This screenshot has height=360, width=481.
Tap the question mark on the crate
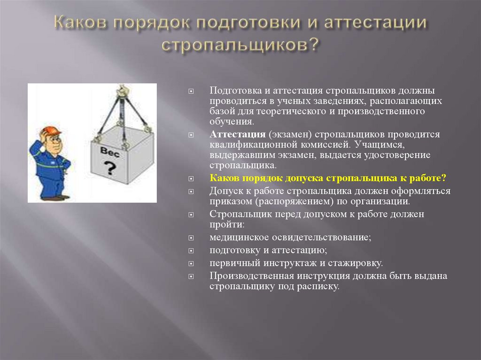[x=111, y=166]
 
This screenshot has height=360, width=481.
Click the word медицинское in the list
[x=240, y=237]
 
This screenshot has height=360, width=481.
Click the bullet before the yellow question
[x=191, y=179]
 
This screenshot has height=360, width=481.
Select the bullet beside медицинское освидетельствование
[x=191, y=238]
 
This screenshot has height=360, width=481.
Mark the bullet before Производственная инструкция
[x=191, y=276]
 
